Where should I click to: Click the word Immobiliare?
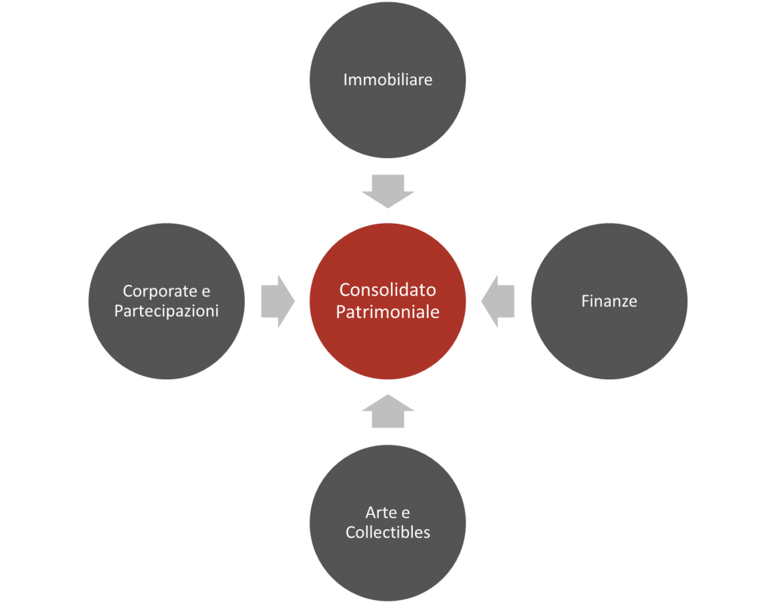387,80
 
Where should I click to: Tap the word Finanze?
609,301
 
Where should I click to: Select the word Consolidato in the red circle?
387,289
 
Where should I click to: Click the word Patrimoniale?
387,312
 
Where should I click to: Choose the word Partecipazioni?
167,311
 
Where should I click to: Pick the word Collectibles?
387,532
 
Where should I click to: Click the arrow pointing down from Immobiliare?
388,191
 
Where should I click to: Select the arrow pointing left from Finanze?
497,301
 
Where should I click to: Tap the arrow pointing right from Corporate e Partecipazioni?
278,301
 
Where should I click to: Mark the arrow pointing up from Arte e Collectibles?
388,411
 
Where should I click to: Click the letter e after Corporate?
206,292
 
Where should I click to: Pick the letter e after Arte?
405,513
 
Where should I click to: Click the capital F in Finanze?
586,301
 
